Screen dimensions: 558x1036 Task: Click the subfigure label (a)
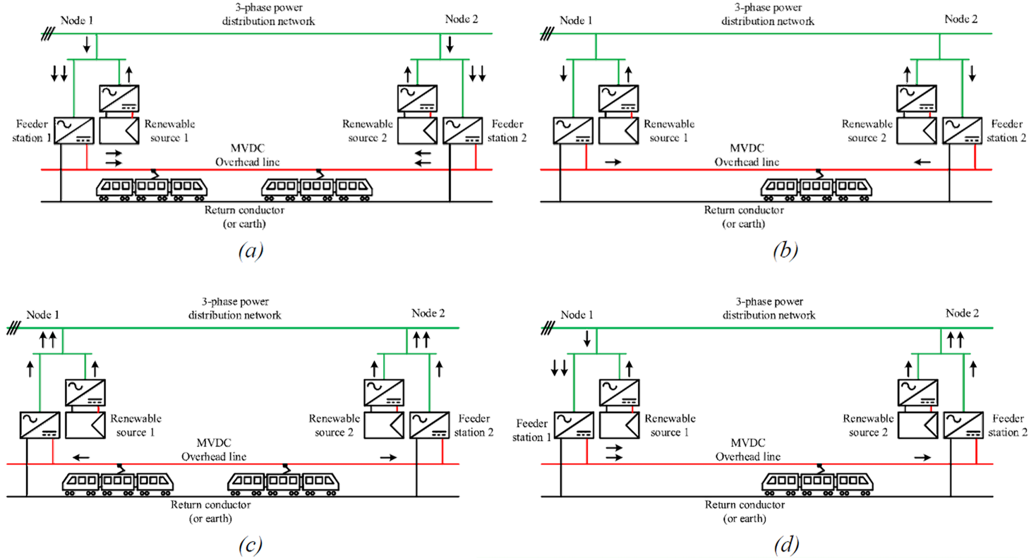[251, 251]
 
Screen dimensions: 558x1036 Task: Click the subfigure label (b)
[785, 251]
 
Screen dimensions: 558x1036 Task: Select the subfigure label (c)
[251, 545]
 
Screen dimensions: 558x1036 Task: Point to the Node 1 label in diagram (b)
[576, 20]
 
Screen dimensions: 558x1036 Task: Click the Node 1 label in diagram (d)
[577, 315]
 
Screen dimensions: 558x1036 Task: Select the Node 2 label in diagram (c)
[428, 314]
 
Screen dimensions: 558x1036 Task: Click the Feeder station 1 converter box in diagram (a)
[72, 131]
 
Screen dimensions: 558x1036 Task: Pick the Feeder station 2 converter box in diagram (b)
[962, 131]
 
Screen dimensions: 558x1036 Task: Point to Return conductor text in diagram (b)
[744, 217]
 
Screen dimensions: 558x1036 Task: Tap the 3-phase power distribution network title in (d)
[769, 308]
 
